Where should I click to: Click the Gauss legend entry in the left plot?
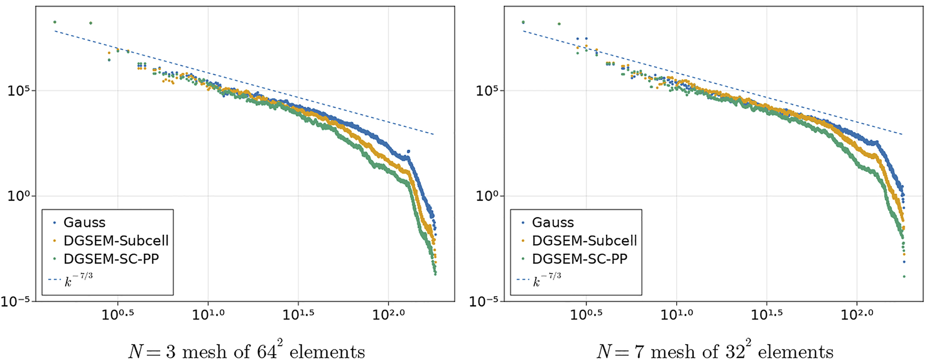tap(84, 222)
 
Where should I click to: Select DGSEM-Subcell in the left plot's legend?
tap(116, 241)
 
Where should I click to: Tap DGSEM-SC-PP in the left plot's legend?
tap(111, 259)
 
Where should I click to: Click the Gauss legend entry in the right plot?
tap(553, 222)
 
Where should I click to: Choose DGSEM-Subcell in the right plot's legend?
tap(584, 241)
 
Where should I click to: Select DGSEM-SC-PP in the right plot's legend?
tap(580, 259)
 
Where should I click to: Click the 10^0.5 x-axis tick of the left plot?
tap(118, 314)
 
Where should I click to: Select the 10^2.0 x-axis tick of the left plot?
tap(388, 314)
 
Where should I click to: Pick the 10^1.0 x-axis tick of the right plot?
tap(677, 314)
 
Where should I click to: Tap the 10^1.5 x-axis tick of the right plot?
tap(767, 314)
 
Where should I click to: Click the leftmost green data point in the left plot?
tap(55, 22)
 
